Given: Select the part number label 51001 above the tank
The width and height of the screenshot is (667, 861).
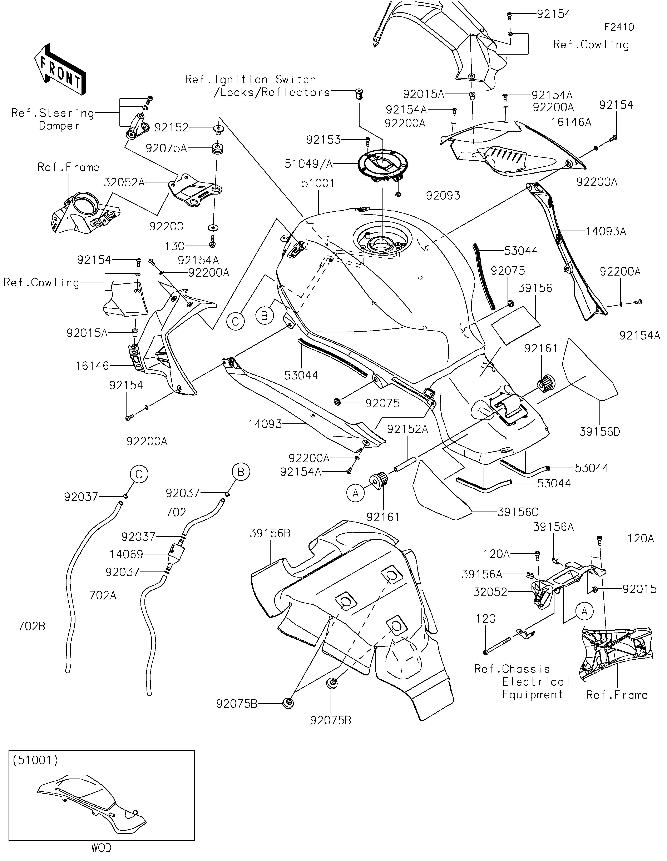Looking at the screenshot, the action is coord(318,183).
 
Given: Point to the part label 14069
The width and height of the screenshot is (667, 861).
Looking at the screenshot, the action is coord(126,554).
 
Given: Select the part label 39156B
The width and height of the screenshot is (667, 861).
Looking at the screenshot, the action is coord(270,533).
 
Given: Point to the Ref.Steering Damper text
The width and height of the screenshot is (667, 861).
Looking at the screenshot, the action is coord(53,120).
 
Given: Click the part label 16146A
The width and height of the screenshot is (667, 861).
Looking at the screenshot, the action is coord(571,122).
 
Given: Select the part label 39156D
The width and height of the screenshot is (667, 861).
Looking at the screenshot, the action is coord(599,432).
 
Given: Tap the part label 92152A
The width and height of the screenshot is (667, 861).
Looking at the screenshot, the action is coord(407,429).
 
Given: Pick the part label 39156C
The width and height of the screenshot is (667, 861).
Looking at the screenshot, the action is coord(518,512).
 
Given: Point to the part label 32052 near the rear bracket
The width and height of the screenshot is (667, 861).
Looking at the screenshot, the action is coord(490,592).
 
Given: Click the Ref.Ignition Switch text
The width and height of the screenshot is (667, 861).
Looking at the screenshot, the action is coord(251,80).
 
